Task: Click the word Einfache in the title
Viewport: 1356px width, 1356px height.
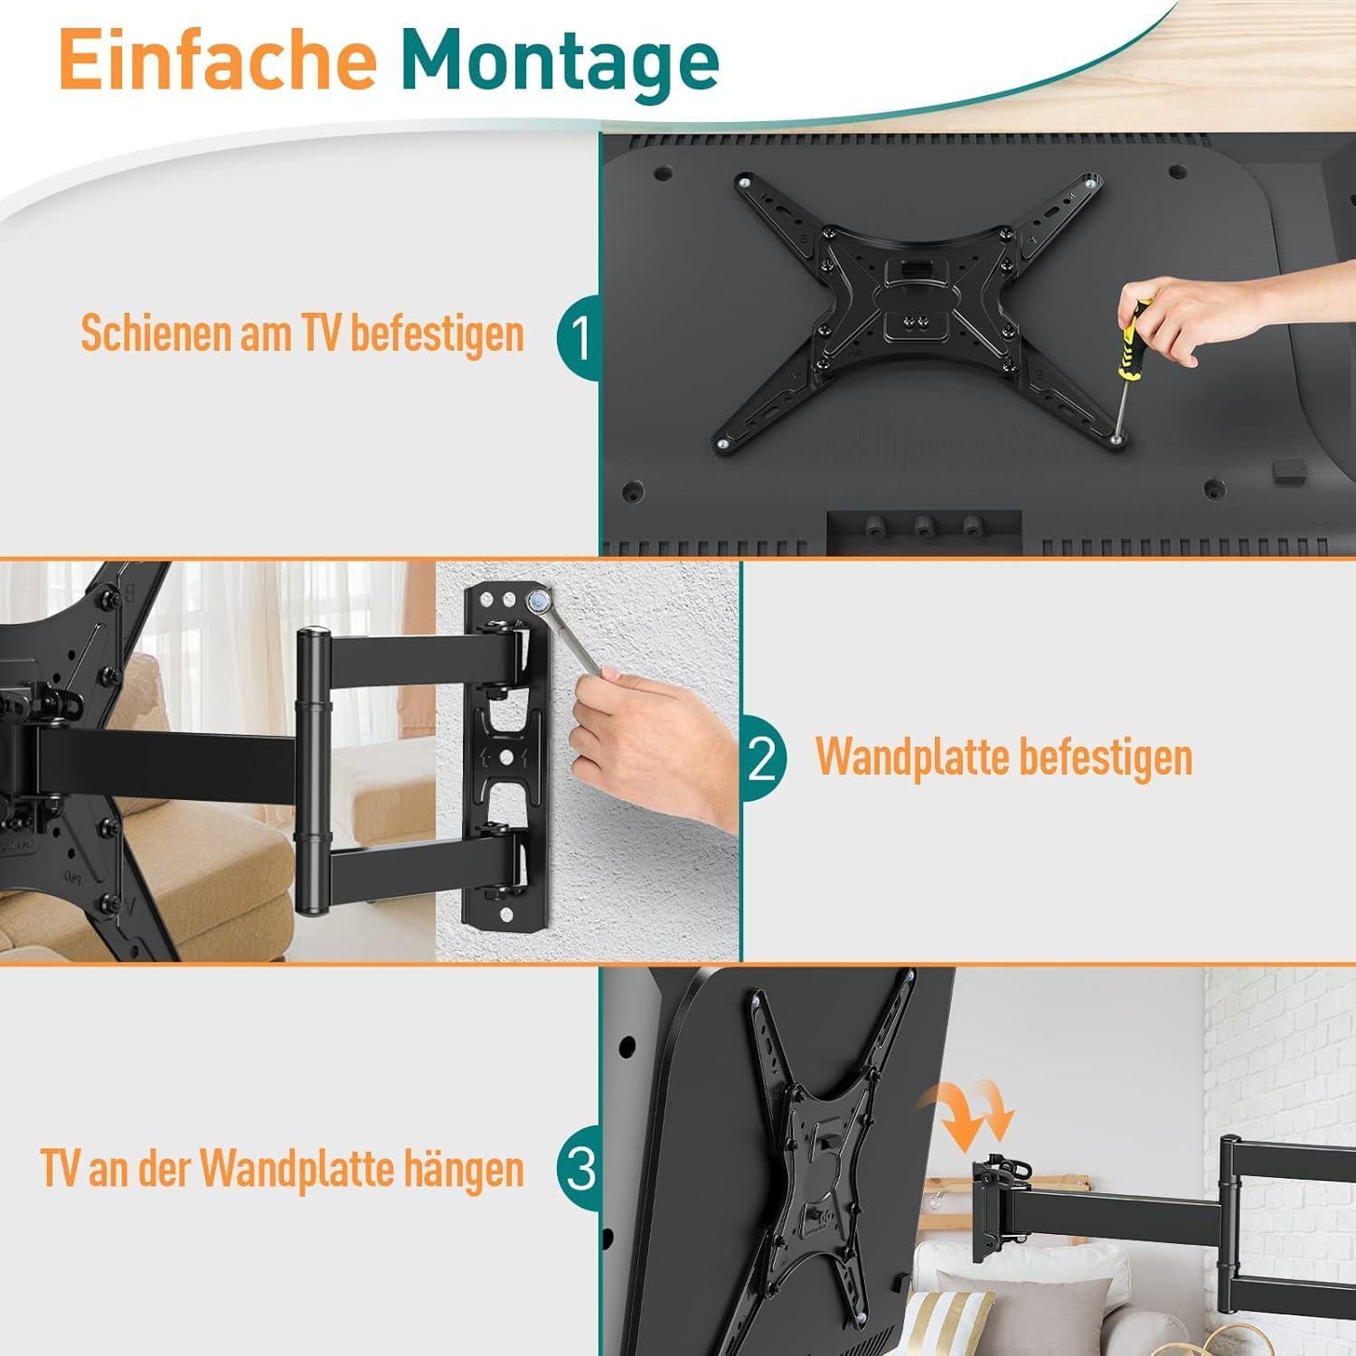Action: (217, 60)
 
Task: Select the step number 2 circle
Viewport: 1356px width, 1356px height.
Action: (762, 759)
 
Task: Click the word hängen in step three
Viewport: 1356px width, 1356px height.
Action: (470, 1170)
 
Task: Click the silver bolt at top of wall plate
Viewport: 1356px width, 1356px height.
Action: (539, 599)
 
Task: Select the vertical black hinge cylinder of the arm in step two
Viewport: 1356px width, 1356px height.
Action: (311, 768)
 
